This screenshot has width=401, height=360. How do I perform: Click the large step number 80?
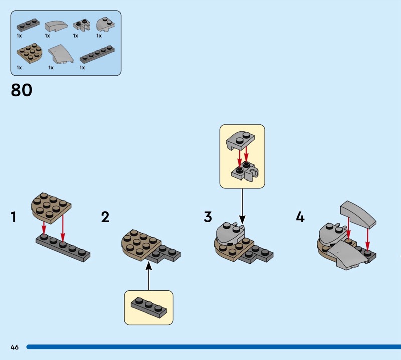22,90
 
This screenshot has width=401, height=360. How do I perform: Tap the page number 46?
15,347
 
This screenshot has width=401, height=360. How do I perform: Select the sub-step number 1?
14,217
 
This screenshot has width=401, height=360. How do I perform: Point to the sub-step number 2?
105,217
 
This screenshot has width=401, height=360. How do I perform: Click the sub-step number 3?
208,217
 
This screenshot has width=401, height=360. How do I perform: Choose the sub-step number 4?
300,217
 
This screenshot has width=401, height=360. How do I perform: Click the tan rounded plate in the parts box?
30,53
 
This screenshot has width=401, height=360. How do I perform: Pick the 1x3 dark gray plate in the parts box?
28,25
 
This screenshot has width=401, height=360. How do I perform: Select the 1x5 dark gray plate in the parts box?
97,54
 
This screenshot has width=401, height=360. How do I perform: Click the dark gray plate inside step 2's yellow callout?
149,307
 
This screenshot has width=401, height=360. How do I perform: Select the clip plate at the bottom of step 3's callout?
245,171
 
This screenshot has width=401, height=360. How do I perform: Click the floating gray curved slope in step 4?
358,214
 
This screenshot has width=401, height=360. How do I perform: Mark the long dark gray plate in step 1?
63,248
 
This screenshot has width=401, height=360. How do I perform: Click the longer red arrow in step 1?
63,230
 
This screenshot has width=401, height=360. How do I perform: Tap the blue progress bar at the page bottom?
214,347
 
